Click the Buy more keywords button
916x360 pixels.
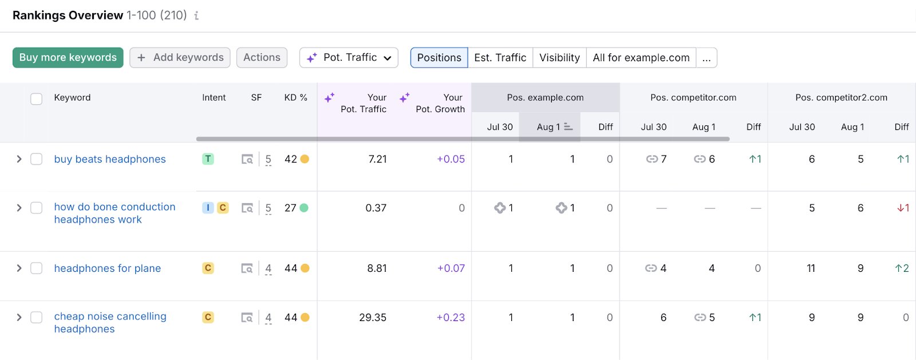pyautogui.click(x=68, y=57)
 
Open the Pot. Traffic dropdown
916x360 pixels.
pyautogui.click(x=349, y=57)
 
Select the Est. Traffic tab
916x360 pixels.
pyautogui.click(x=500, y=57)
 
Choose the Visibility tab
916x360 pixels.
pyautogui.click(x=559, y=57)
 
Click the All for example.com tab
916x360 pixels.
pyautogui.click(x=641, y=57)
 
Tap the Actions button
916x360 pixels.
pyautogui.click(x=262, y=57)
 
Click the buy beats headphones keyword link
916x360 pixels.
pyautogui.click(x=110, y=159)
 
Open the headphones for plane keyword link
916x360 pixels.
pyautogui.click(x=108, y=268)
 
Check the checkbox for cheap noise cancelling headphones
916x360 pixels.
pyautogui.click(x=36, y=317)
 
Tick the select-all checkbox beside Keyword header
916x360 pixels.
pyautogui.click(x=36, y=98)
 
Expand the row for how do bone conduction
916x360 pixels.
pyautogui.click(x=19, y=208)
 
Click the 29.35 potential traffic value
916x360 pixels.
pyautogui.click(x=373, y=317)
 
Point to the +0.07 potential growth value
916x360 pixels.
pyautogui.click(x=451, y=268)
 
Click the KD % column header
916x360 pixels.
pyautogui.click(x=295, y=98)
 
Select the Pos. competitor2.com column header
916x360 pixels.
pyautogui.click(x=841, y=98)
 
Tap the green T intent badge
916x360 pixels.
pyautogui.click(x=208, y=159)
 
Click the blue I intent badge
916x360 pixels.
pyautogui.click(x=208, y=208)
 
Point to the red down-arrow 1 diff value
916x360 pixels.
pyautogui.click(x=903, y=208)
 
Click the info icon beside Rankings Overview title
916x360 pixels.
pyautogui.click(x=196, y=16)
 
